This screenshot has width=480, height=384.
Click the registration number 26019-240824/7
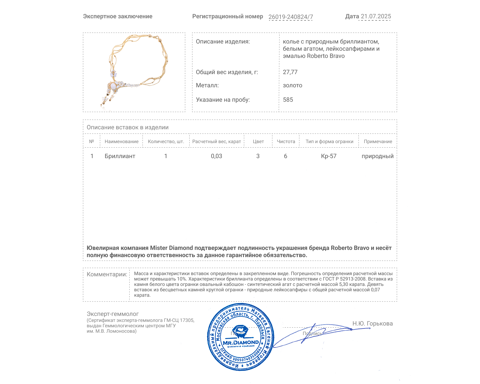click(x=290, y=17)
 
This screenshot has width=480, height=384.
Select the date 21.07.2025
click(x=376, y=16)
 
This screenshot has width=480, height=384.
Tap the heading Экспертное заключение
click(x=118, y=16)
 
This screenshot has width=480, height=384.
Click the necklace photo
click(x=134, y=72)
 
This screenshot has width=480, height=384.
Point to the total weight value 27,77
click(x=290, y=72)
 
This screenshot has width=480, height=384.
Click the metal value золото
click(x=292, y=85)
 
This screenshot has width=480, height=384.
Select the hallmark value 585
click(x=288, y=100)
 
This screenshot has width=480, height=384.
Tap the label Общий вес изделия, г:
click(x=227, y=72)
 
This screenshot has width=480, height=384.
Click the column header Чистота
click(x=286, y=142)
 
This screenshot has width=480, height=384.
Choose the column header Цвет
click(x=258, y=142)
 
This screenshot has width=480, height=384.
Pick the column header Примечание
click(x=378, y=142)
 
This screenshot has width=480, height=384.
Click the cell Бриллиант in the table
click(x=120, y=156)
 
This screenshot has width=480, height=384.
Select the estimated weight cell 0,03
click(x=216, y=156)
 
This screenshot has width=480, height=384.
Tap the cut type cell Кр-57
click(x=329, y=156)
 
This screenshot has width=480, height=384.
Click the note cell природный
click(x=377, y=156)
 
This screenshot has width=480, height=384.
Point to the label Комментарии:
click(x=107, y=274)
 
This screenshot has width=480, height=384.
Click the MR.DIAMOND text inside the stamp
click(x=241, y=343)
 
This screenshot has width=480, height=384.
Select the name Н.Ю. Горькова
click(x=372, y=323)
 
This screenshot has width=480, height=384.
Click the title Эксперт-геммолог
click(x=113, y=314)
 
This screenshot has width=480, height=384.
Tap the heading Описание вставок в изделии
click(x=127, y=127)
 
